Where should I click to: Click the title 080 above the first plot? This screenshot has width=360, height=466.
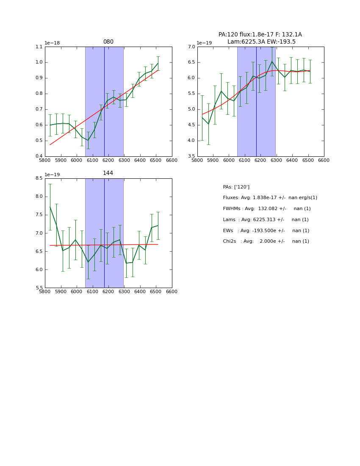click(108, 42)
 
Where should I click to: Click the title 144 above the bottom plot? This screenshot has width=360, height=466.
click(108, 173)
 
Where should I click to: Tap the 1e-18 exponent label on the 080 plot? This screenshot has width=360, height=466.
click(52, 43)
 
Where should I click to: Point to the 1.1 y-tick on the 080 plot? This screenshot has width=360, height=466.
click(39, 47)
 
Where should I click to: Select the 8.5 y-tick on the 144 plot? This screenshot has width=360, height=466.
click(39, 178)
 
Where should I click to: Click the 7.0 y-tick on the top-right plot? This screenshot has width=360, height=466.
click(191, 47)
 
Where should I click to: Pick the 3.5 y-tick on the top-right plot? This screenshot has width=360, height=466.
click(191, 156)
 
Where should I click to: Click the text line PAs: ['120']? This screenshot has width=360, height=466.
click(236, 187)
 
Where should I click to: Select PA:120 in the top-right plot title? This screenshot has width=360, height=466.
click(229, 35)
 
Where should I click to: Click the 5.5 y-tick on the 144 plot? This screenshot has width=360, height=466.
click(39, 288)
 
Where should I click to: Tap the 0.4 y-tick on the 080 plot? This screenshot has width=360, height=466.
click(39, 156)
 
